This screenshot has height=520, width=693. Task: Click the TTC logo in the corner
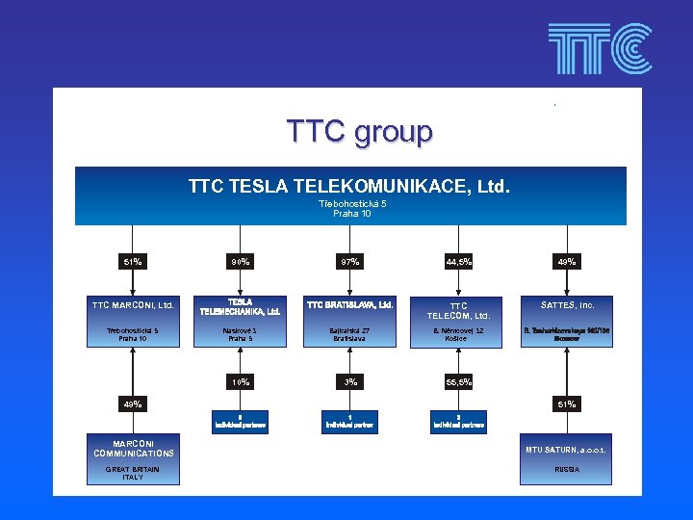pyautogui.click(x=599, y=49)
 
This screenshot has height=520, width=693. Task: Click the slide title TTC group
pyautogui.click(x=359, y=131)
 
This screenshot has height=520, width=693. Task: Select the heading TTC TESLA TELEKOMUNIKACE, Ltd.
pyautogui.click(x=349, y=184)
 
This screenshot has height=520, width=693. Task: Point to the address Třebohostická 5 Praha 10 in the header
pyautogui.click(x=352, y=209)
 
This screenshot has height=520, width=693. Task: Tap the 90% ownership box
pyautogui.click(x=241, y=262)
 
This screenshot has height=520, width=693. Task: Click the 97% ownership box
pyautogui.click(x=349, y=262)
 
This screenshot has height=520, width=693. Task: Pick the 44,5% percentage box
pyautogui.click(x=458, y=262)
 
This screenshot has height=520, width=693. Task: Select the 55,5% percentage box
pyautogui.click(x=458, y=382)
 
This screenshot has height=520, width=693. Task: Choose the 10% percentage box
pyautogui.click(x=241, y=382)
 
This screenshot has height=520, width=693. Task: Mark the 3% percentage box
pyautogui.click(x=349, y=382)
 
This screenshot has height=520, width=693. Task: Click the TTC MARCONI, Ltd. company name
pyautogui.click(x=133, y=305)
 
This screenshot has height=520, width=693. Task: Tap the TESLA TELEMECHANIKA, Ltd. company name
pyautogui.click(x=241, y=306)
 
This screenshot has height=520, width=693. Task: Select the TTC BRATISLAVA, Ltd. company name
pyautogui.click(x=349, y=305)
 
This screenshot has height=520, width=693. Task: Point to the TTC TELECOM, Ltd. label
pyautogui.click(x=458, y=311)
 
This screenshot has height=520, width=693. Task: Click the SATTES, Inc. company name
pyautogui.click(x=567, y=305)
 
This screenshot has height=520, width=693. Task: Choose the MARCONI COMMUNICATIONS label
pyautogui.click(x=134, y=448)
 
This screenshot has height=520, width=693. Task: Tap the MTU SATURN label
pyautogui.click(x=567, y=450)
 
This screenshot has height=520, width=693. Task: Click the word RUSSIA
pyautogui.click(x=567, y=470)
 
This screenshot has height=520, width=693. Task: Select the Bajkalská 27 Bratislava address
pyautogui.click(x=349, y=334)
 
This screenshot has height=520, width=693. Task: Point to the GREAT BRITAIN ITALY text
pyautogui.click(x=133, y=473)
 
